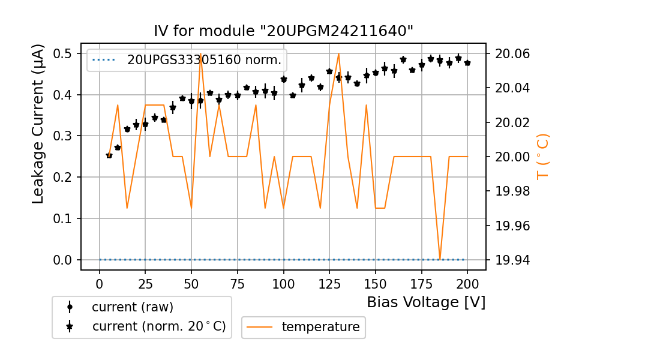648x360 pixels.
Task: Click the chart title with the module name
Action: point(283,31)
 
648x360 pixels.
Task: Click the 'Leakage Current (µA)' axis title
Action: point(38,124)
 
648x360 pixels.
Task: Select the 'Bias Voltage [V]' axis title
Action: point(426,302)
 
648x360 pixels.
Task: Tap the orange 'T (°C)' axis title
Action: point(542,156)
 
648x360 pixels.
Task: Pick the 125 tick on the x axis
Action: point(329,282)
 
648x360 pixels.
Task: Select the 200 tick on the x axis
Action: point(467,282)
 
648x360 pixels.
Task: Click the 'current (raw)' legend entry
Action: point(132,307)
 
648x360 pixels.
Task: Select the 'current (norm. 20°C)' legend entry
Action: point(158,326)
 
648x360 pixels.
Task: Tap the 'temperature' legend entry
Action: point(320,327)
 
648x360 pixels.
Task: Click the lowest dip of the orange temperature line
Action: point(440,259)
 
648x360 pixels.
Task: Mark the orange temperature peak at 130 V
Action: point(338,54)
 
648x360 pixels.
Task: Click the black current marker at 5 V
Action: point(109,155)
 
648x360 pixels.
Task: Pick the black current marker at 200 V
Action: point(467,63)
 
